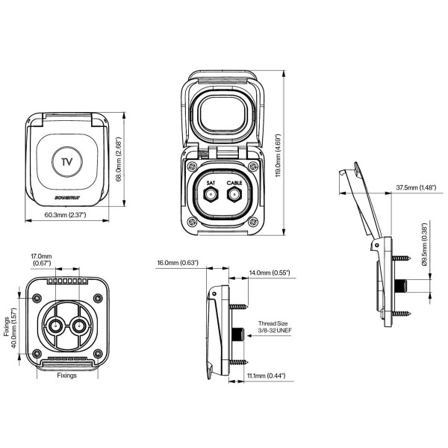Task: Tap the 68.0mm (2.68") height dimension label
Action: [119, 160]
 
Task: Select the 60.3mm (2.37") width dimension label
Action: [66, 215]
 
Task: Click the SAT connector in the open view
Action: [211, 195]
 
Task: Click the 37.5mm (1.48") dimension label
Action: [417, 187]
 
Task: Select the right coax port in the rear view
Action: [78, 326]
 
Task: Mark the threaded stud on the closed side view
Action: [238, 333]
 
